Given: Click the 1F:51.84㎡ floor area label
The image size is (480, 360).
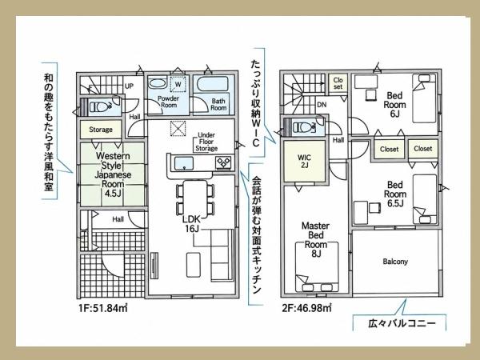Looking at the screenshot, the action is pyautogui.click(x=102, y=308).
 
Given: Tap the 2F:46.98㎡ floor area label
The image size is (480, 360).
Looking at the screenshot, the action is pyautogui.click(x=306, y=308).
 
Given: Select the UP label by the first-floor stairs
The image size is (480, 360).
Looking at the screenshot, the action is pyautogui.click(x=129, y=86).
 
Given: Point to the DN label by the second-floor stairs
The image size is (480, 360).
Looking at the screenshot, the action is pyautogui.click(x=322, y=105).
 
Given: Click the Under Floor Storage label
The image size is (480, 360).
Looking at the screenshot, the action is pyautogui.click(x=206, y=142).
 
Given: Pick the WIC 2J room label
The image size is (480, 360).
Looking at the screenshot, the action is pyautogui.click(x=304, y=162).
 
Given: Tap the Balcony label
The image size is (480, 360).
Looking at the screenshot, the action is pyautogui.click(x=395, y=262).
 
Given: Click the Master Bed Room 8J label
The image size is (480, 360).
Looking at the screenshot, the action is pyautogui.click(x=316, y=240).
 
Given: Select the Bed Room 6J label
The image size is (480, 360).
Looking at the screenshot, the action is pyautogui.click(x=394, y=105).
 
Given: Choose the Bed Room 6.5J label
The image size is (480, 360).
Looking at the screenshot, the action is pyautogui.click(x=395, y=194).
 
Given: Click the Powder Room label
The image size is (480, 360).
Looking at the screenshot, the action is pyautogui.click(x=168, y=102).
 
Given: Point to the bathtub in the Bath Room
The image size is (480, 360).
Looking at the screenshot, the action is pyautogui.click(x=213, y=83).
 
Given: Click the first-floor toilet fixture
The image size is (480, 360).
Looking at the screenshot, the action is pyautogui.click(x=101, y=107).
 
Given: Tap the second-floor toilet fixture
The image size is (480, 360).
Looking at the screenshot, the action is pyautogui.click(x=305, y=126).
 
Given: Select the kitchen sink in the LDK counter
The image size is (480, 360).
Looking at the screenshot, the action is pyautogui.click(x=184, y=163).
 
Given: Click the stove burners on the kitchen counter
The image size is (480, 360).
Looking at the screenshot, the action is pyautogui.click(x=224, y=162).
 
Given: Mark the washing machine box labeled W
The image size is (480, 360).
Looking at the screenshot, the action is pyautogui.click(x=178, y=83).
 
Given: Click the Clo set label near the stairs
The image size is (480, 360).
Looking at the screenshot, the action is pyautogui.click(x=338, y=83).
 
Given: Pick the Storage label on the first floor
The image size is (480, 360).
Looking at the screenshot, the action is pyautogui.click(x=101, y=130).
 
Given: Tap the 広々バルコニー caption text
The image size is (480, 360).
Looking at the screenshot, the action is pyautogui.click(x=402, y=323).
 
